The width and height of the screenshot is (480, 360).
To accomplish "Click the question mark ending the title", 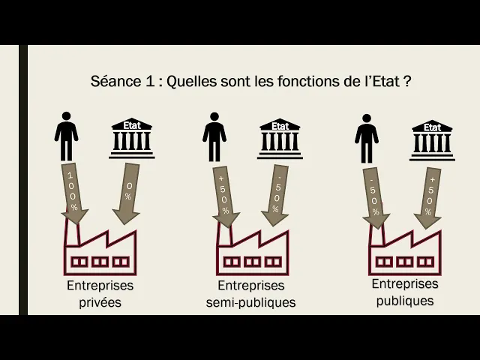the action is [406, 81].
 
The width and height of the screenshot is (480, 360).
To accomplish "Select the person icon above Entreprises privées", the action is [67, 136].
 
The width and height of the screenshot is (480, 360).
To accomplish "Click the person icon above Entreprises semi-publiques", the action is [214, 136].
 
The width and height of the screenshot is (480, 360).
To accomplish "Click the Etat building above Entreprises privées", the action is [131, 138].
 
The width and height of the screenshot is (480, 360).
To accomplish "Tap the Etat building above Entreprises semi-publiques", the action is [280, 139].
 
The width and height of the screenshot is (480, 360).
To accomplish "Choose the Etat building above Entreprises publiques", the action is [432, 139].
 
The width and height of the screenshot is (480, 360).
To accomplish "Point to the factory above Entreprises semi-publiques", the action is [250, 251].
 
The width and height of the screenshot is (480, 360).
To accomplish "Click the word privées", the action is [100, 303].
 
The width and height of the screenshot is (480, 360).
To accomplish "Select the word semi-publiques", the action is [251, 303].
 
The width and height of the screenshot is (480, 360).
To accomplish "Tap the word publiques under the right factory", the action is [405, 301].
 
